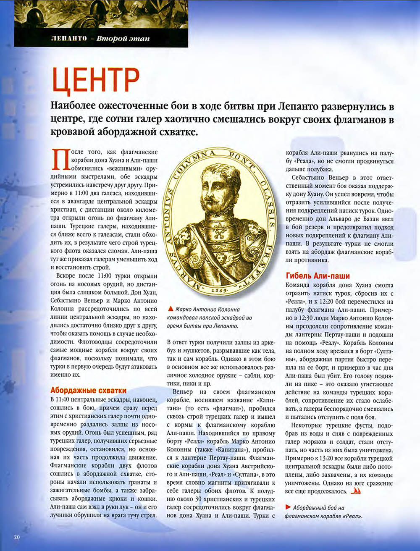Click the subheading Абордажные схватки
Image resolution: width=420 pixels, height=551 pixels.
[88, 390]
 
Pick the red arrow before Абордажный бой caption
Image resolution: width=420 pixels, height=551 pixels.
[288, 507]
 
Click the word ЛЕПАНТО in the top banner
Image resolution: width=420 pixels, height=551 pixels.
[67, 39]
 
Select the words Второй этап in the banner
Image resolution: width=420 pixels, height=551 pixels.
[123, 39]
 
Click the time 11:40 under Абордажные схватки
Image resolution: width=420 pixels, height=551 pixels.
[66, 398]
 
